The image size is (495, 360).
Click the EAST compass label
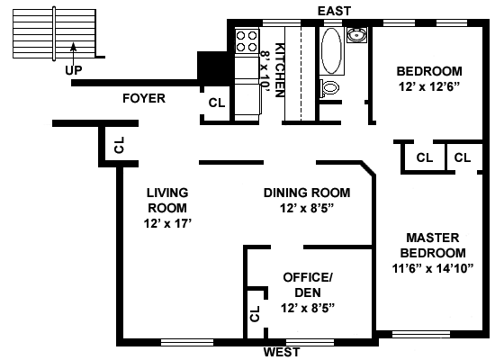[x=334, y=11]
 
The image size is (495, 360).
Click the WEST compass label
[x=282, y=352]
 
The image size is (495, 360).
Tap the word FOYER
[x=144, y=98]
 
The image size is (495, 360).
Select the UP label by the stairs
[x=74, y=70]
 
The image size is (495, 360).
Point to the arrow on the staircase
[x=73, y=54]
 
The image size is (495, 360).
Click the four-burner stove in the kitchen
[x=247, y=41]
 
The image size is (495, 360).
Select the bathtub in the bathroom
[x=331, y=51]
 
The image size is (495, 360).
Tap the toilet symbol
[x=328, y=88]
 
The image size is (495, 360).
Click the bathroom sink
[x=357, y=35]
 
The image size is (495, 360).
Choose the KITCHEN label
[x=280, y=70]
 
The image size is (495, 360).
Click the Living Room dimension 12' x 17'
[x=168, y=223]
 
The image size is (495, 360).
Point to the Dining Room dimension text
[x=307, y=209]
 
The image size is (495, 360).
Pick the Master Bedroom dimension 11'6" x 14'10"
[x=433, y=268]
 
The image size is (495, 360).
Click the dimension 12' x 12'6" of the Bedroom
[x=429, y=86]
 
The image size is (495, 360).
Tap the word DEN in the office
[x=308, y=292]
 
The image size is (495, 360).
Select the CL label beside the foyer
[x=217, y=103]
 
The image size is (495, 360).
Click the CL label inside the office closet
[x=255, y=313]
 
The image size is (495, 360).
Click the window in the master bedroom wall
[x=421, y=335]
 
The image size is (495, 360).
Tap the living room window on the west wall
[x=187, y=342]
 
